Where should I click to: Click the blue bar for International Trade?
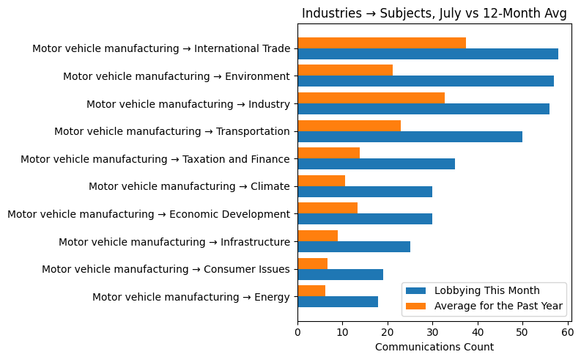coord(428,54)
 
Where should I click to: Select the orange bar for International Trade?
coord(382,43)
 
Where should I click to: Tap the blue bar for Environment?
coord(426,81)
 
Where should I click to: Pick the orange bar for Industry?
coord(371,98)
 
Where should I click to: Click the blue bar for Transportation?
coord(410,136)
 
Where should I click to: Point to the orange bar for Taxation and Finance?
coord(328,153)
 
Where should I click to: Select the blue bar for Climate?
coord(365,191)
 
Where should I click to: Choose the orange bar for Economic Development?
coord(327,208)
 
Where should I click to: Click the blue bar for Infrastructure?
coord(354,247)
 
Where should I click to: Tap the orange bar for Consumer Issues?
coord(312,263)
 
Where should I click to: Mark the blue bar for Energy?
coord(338,302)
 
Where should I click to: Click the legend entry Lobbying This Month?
coord(486,290)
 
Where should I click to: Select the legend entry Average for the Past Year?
coord(498,305)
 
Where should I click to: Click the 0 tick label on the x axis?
coord(297,332)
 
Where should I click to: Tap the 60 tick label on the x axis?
coord(567,332)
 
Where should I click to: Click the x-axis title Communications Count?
coord(434,347)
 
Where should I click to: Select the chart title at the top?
coord(434,13)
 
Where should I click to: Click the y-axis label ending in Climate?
coord(189,186)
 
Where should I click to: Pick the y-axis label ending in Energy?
coord(191,297)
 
